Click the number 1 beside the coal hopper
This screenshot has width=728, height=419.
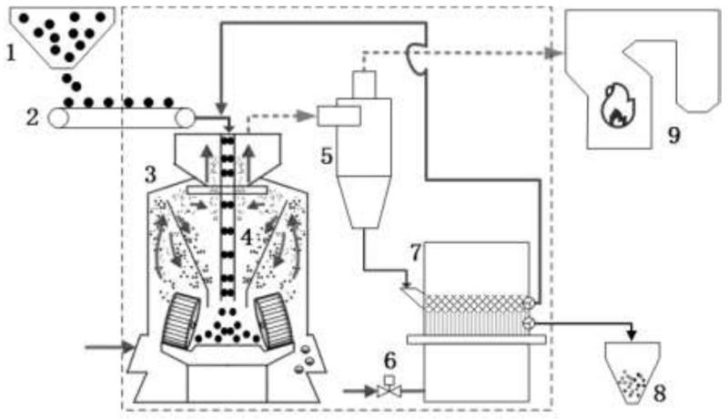click(12, 52)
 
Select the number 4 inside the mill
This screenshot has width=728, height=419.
click(245, 237)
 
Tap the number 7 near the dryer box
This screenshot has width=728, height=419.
click(415, 251)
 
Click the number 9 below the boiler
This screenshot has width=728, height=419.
click(672, 136)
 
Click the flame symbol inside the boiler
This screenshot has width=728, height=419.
click(615, 106)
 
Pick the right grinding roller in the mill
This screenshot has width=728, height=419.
click(276, 321)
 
